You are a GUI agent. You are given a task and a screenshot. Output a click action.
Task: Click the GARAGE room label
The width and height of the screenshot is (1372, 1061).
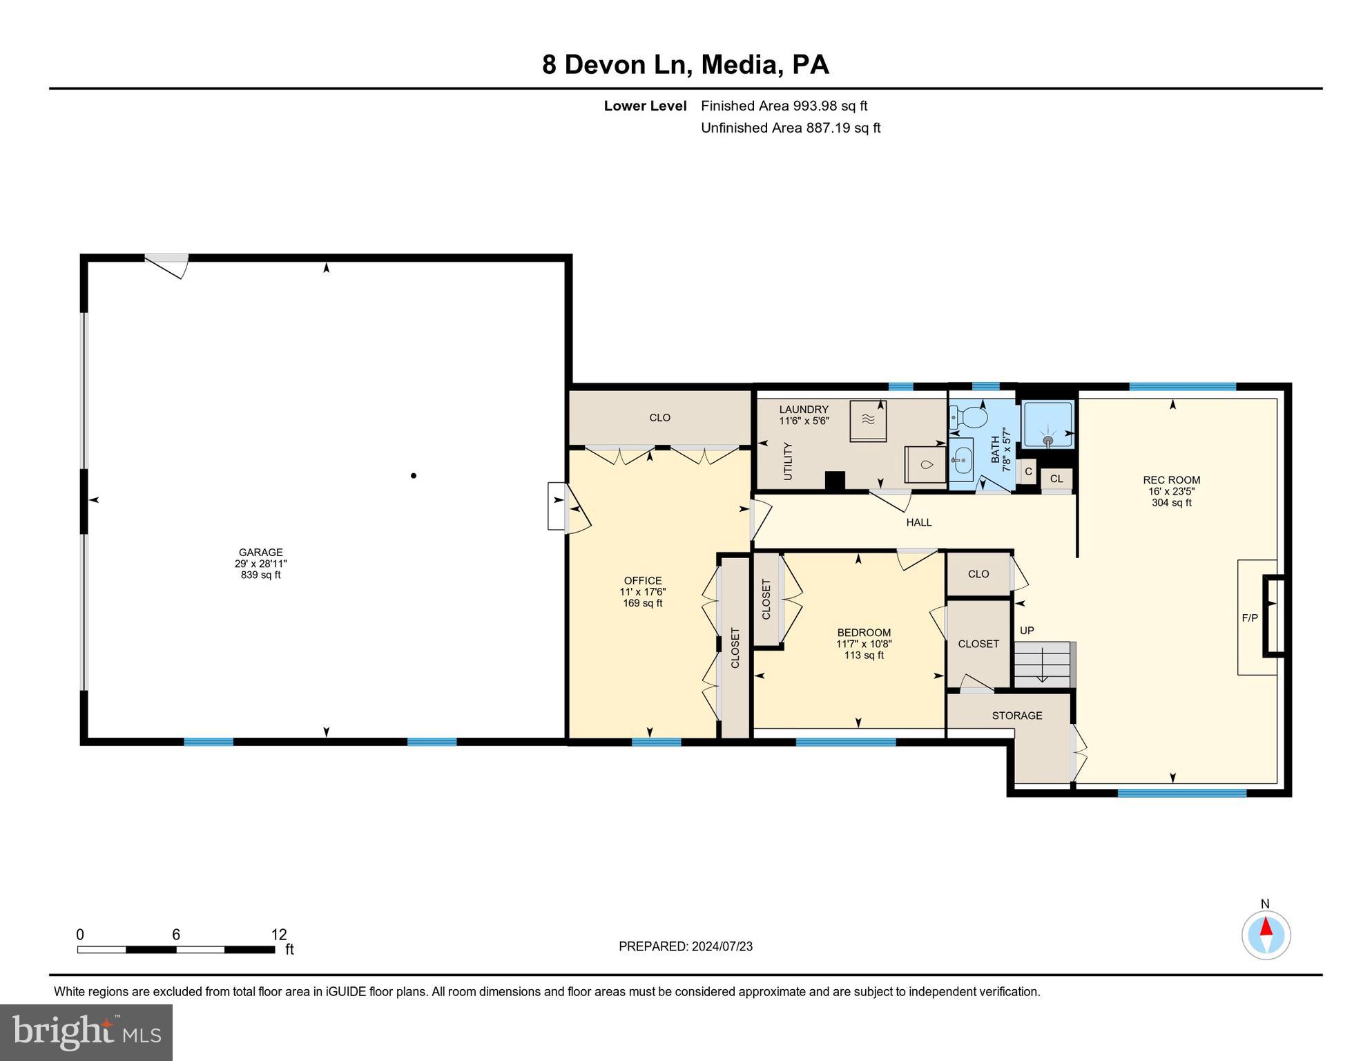click(x=260, y=553)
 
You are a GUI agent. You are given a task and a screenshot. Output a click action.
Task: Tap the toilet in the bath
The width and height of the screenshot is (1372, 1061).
click(x=972, y=417)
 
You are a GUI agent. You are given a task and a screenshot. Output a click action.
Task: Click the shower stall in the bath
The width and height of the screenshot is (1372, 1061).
click(x=1047, y=424)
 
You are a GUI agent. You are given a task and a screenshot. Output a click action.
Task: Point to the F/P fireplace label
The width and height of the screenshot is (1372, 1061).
click(x=1250, y=618)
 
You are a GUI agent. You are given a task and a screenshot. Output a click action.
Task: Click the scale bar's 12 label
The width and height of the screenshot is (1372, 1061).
click(x=278, y=935)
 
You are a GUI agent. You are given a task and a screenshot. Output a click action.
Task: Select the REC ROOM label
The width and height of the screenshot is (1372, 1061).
click(x=1171, y=480)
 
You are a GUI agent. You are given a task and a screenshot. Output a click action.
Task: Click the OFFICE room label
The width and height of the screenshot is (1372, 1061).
click(x=643, y=581)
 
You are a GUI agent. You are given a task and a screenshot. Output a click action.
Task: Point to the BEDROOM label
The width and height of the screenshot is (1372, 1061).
click(x=864, y=633)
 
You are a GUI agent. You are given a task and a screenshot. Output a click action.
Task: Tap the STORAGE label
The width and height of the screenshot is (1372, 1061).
click(x=1016, y=716)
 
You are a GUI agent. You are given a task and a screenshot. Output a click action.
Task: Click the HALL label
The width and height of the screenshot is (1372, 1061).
click(x=918, y=523)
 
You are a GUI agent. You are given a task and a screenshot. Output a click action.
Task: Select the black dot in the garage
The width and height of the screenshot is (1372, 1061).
click(x=414, y=475)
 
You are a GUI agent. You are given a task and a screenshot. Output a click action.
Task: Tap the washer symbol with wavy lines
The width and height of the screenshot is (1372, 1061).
click(x=868, y=420)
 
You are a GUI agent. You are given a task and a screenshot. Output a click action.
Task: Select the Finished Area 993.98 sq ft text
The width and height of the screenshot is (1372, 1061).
click(x=784, y=106)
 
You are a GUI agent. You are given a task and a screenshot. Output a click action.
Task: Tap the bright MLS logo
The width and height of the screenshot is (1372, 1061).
click(x=86, y=1032)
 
